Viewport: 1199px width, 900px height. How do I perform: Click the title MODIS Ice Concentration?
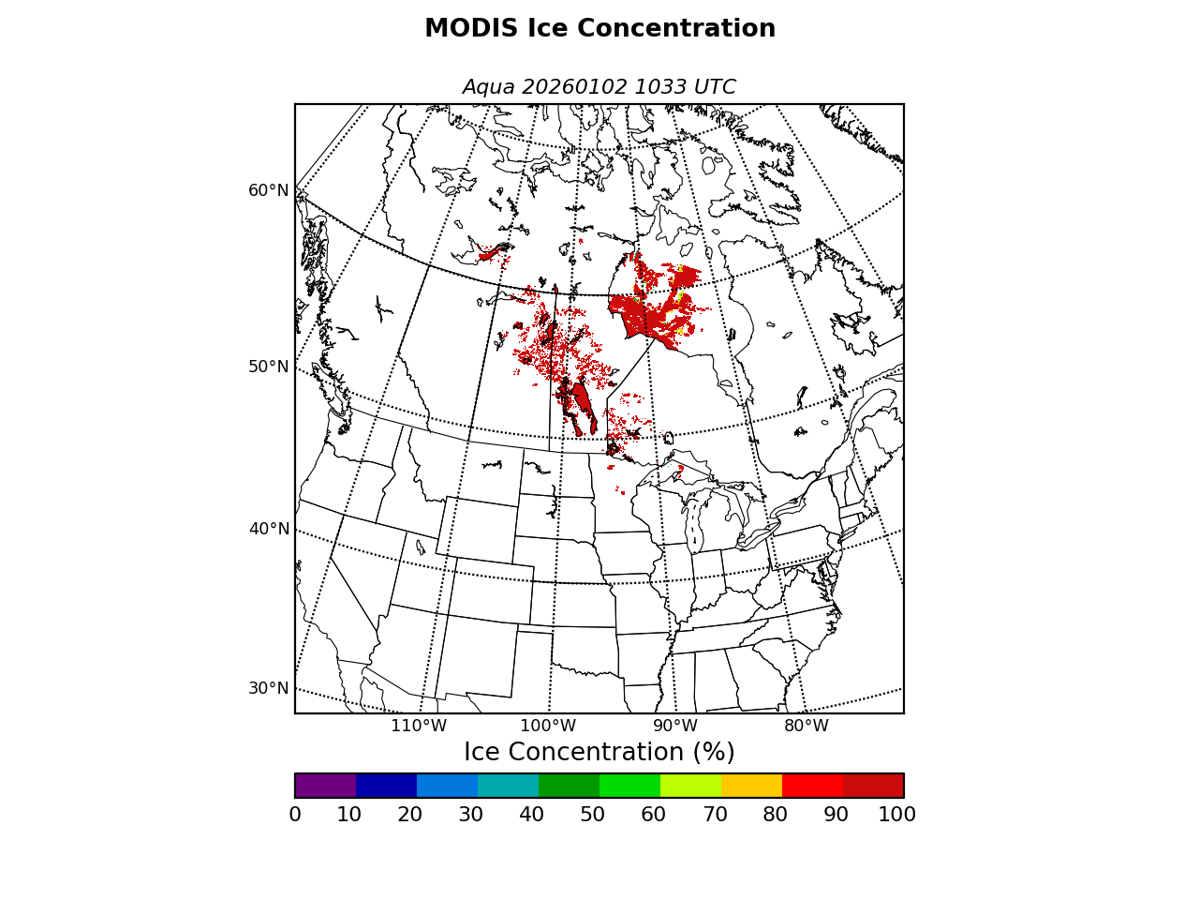pos(599,29)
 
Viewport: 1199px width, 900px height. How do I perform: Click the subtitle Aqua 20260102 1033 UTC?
pos(599,87)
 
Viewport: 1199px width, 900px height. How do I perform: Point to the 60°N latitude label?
pos(269,190)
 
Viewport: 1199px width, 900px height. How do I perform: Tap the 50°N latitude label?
pos(269,367)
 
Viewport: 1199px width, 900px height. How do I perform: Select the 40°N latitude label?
pos(269,529)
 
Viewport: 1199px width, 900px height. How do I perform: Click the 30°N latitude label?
pos(269,688)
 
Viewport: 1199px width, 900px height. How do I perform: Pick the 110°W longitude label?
pos(419,726)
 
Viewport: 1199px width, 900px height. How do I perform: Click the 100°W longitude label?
pos(548,726)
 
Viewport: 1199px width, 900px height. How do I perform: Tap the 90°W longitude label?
pos(675,726)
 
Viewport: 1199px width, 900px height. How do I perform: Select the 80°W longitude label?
pos(807,726)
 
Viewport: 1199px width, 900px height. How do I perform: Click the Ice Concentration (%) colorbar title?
pos(599,753)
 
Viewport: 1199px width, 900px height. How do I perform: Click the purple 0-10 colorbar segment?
pos(325,786)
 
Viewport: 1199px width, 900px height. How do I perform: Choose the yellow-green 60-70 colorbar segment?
pos(690,786)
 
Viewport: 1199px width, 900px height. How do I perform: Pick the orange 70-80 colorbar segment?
pos(751,786)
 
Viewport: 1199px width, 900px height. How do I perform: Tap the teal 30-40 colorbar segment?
pos(508,786)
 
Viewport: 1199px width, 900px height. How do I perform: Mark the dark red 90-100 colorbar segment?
pos(873,786)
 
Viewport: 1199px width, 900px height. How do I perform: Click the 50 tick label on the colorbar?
pos(592,815)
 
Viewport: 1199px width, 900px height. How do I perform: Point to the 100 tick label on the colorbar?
pos(896,815)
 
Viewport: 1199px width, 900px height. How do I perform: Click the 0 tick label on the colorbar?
pos(295,815)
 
